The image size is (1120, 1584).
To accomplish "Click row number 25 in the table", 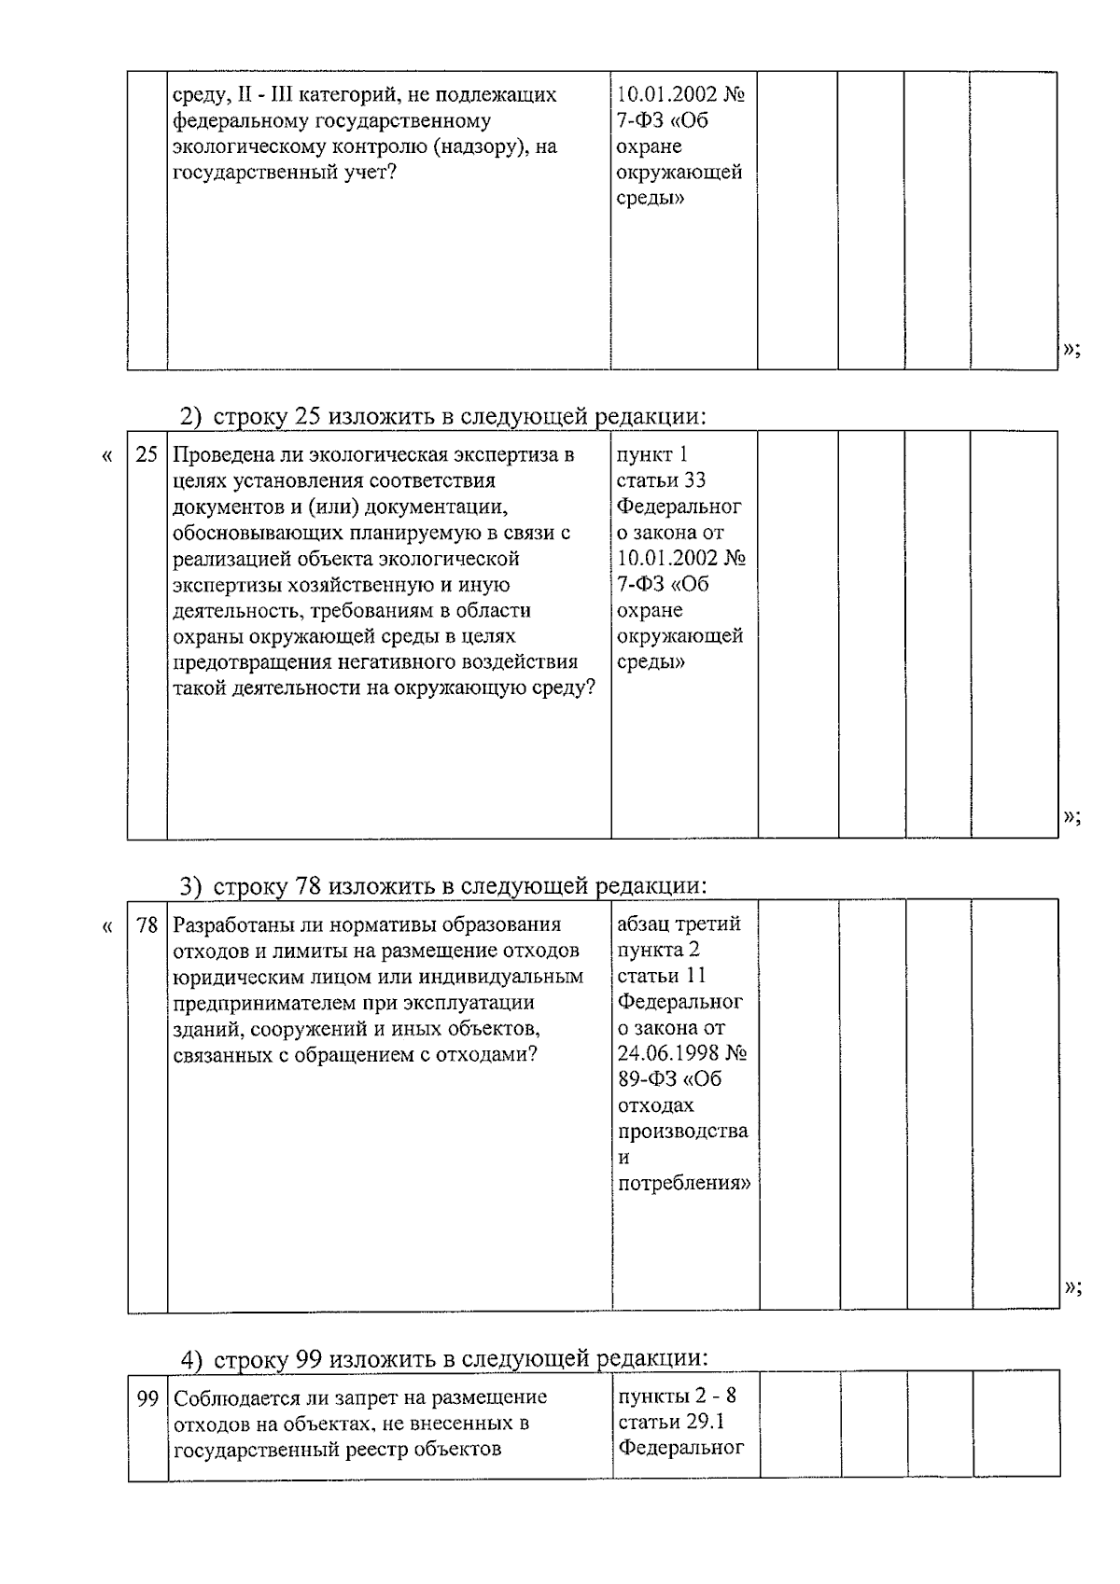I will point(147,456).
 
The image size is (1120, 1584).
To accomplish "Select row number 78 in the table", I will point(147,926).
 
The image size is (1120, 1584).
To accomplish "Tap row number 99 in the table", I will point(147,1398).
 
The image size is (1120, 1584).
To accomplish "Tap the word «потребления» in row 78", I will point(683,1184).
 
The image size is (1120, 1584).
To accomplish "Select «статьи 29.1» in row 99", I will point(671,1423).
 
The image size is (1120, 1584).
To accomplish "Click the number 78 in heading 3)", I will point(308,885).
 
